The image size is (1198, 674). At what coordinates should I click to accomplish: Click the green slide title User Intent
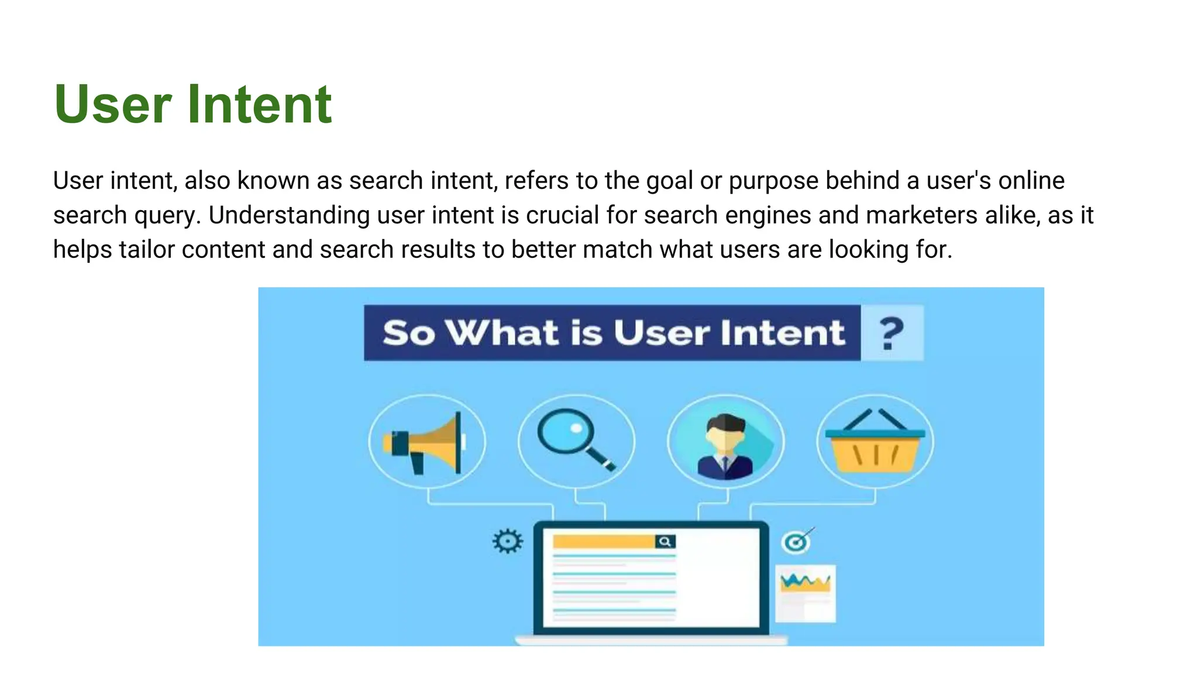(x=193, y=104)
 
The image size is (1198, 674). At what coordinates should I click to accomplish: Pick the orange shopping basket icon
(x=875, y=444)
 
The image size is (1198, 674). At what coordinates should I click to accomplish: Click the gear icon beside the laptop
(x=507, y=541)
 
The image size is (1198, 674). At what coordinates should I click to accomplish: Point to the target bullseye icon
(x=796, y=542)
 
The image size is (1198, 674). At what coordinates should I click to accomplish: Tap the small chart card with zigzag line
(x=805, y=593)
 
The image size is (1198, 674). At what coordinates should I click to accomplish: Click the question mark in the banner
(x=891, y=333)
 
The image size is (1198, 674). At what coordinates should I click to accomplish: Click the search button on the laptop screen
(x=665, y=542)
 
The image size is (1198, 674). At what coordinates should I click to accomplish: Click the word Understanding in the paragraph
(x=289, y=215)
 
